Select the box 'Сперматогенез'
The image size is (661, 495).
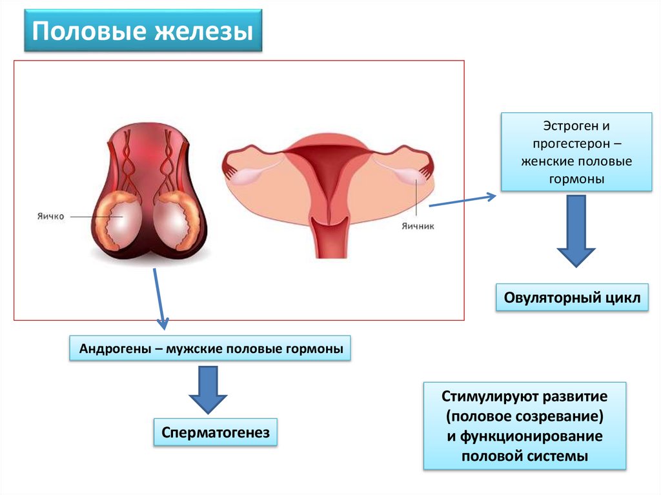(x=216, y=432)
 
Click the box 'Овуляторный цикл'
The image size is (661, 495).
(x=571, y=299)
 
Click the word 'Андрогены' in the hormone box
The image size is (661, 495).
(x=113, y=349)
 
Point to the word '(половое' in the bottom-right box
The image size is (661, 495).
(x=473, y=415)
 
